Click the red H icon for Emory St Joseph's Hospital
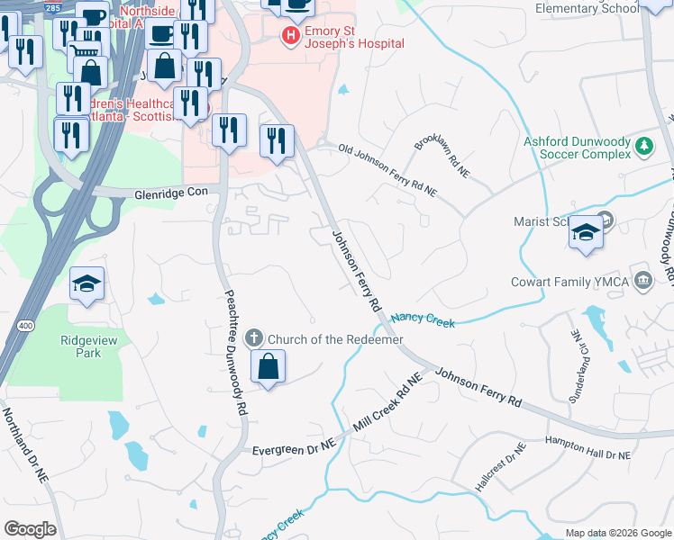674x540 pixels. [291, 36]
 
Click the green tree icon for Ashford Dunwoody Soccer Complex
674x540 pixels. [644, 146]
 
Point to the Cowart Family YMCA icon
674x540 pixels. [642, 279]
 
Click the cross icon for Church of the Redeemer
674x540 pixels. [254, 338]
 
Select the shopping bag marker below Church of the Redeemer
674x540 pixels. [268, 366]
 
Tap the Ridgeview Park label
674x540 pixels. [87, 346]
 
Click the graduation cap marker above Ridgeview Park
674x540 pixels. [87, 284]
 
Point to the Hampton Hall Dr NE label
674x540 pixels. [587, 448]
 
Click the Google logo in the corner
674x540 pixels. [30, 528]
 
